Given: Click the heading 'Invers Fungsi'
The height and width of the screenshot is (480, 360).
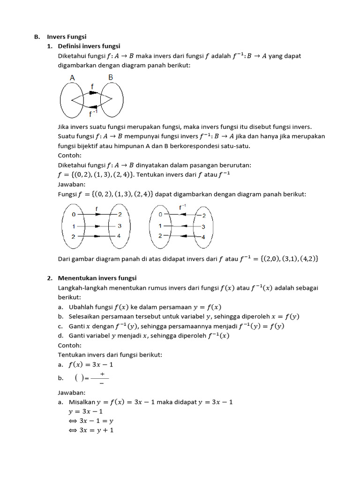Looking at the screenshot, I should [x=66, y=37].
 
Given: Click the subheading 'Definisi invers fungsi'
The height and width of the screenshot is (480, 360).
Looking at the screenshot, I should [x=89, y=46].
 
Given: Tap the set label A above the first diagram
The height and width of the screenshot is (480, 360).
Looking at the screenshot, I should [x=73, y=77].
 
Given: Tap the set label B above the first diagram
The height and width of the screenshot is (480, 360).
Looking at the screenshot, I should [x=111, y=77].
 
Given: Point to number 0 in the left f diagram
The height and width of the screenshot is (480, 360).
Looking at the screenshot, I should [x=73, y=214].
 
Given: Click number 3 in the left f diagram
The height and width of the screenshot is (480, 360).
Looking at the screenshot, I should [x=120, y=225].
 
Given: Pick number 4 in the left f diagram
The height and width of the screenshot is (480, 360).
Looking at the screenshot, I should [x=119, y=236].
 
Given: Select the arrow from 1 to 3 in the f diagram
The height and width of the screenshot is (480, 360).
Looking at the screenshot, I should [x=96, y=225].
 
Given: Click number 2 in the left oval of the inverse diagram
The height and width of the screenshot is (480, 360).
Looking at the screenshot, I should [x=160, y=236].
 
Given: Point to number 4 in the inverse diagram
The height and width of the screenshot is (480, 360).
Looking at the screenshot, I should [x=203, y=237].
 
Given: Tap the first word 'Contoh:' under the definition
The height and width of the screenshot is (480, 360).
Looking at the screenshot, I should [x=70, y=155].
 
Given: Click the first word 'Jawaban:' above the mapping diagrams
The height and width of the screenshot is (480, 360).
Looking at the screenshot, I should [x=72, y=185].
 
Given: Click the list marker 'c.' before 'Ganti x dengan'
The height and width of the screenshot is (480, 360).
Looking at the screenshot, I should [x=61, y=326].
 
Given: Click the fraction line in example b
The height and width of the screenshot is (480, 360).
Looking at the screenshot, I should [x=99, y=379].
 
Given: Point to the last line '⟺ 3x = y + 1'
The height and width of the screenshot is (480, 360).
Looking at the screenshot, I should [x=91, y=430].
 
